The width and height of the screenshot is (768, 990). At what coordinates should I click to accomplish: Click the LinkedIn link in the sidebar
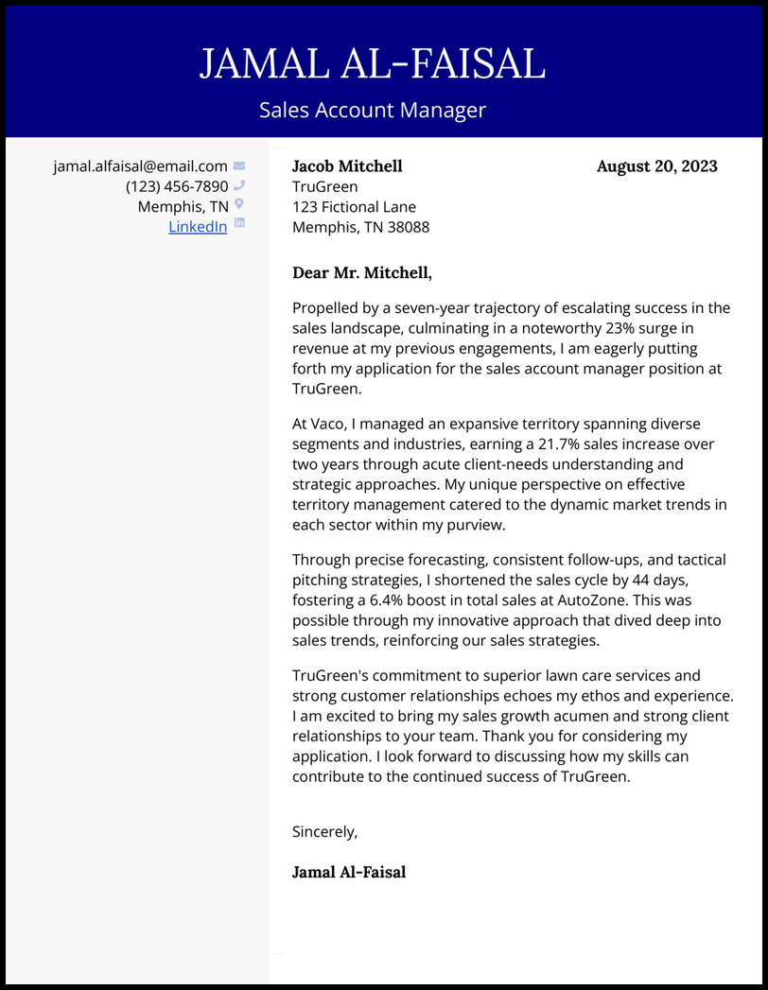click(x=198, y=227)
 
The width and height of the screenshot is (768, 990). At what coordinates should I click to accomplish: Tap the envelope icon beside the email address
click(x=239, y=166)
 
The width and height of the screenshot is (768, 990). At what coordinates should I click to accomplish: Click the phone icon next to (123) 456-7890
click(x=239, y=186)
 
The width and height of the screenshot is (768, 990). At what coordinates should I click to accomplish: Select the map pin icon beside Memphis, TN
click(x=239, y=204)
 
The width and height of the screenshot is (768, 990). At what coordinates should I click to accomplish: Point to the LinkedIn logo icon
click(x=239, y=224)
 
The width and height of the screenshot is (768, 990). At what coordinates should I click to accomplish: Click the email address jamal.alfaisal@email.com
click(x=140, y=166)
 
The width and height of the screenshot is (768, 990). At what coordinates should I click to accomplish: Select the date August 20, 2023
click(x=656, y=166)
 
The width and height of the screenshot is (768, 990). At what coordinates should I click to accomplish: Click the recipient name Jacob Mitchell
click(x=347, y=166)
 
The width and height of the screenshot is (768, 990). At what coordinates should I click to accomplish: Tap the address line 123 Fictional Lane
click(x=354, y=207)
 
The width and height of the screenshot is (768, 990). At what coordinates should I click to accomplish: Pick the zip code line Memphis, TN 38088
click(x=360, y=227)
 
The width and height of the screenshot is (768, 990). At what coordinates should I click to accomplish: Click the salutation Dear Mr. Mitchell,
click(x=362, y=273)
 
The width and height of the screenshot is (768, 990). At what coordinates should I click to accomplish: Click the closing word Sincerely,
click(x=325, y=832)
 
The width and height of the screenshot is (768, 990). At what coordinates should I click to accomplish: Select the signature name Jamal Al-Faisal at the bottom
click(x=349, y=872)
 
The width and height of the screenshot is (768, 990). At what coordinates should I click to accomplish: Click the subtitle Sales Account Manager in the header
click(x=373, y=111)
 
